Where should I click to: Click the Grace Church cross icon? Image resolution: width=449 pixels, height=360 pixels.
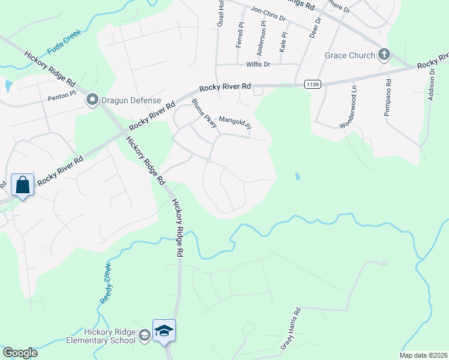[384, 55]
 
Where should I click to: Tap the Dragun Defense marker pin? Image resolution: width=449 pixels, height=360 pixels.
[92, 100]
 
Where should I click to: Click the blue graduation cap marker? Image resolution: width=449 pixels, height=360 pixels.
[164, 331]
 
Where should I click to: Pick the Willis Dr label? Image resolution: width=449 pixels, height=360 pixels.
[259, 64]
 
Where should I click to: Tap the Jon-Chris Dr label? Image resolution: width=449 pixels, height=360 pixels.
[268, 13]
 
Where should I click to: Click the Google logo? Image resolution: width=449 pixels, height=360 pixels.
[20, 353]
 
